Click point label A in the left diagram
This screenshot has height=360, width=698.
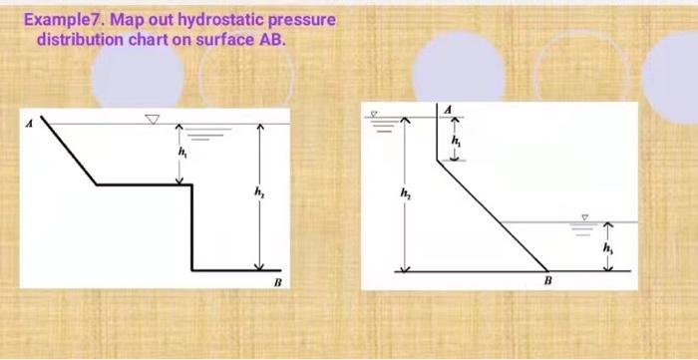pos(31,123)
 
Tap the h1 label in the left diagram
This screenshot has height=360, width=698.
pos(182,155)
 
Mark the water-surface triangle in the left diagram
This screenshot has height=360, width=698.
pos(152,119)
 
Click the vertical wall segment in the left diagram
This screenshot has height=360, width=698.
pos(193,226)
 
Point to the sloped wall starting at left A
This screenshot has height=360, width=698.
pos(72,154)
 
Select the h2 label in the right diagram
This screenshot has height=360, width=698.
pos(404,192)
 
